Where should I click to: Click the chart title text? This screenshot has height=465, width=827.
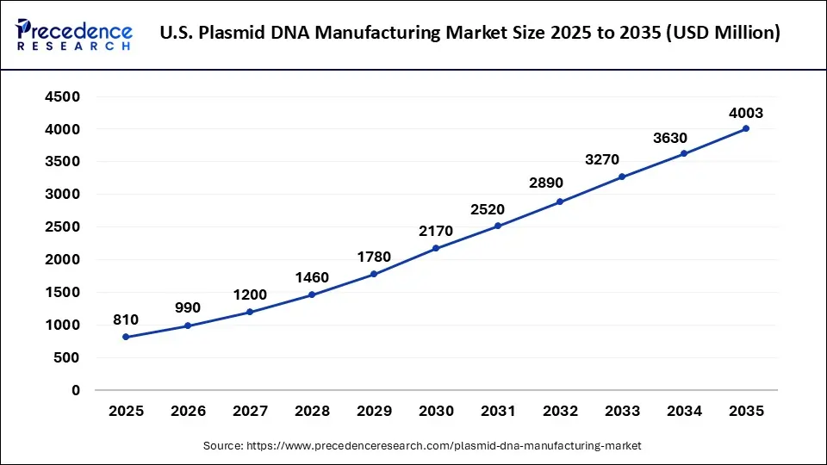point(470,34)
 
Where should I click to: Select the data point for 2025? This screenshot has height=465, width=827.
point(126,337)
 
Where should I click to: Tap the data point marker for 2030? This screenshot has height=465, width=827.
point(436,248)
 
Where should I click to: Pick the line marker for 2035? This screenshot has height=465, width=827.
point(746,128)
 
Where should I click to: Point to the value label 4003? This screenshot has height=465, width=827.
point(746,113)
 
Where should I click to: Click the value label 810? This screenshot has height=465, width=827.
point(126,320)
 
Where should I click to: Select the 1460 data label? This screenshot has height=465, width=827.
point(312,278)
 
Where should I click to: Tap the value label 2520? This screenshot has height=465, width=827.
point(498,209)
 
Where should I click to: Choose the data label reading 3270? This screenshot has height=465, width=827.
point(622,160)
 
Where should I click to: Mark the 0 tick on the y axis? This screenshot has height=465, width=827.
point(76,390)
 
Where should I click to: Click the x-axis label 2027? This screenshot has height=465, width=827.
point(250,412)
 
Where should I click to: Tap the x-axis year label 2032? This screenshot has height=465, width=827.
point(560,412)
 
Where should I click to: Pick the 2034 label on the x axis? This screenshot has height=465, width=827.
point(684,412)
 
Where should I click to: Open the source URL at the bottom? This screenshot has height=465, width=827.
point(422,445)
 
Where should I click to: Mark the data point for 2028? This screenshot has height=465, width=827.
point(312,294)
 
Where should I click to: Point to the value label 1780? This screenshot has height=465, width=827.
point(374,257)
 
